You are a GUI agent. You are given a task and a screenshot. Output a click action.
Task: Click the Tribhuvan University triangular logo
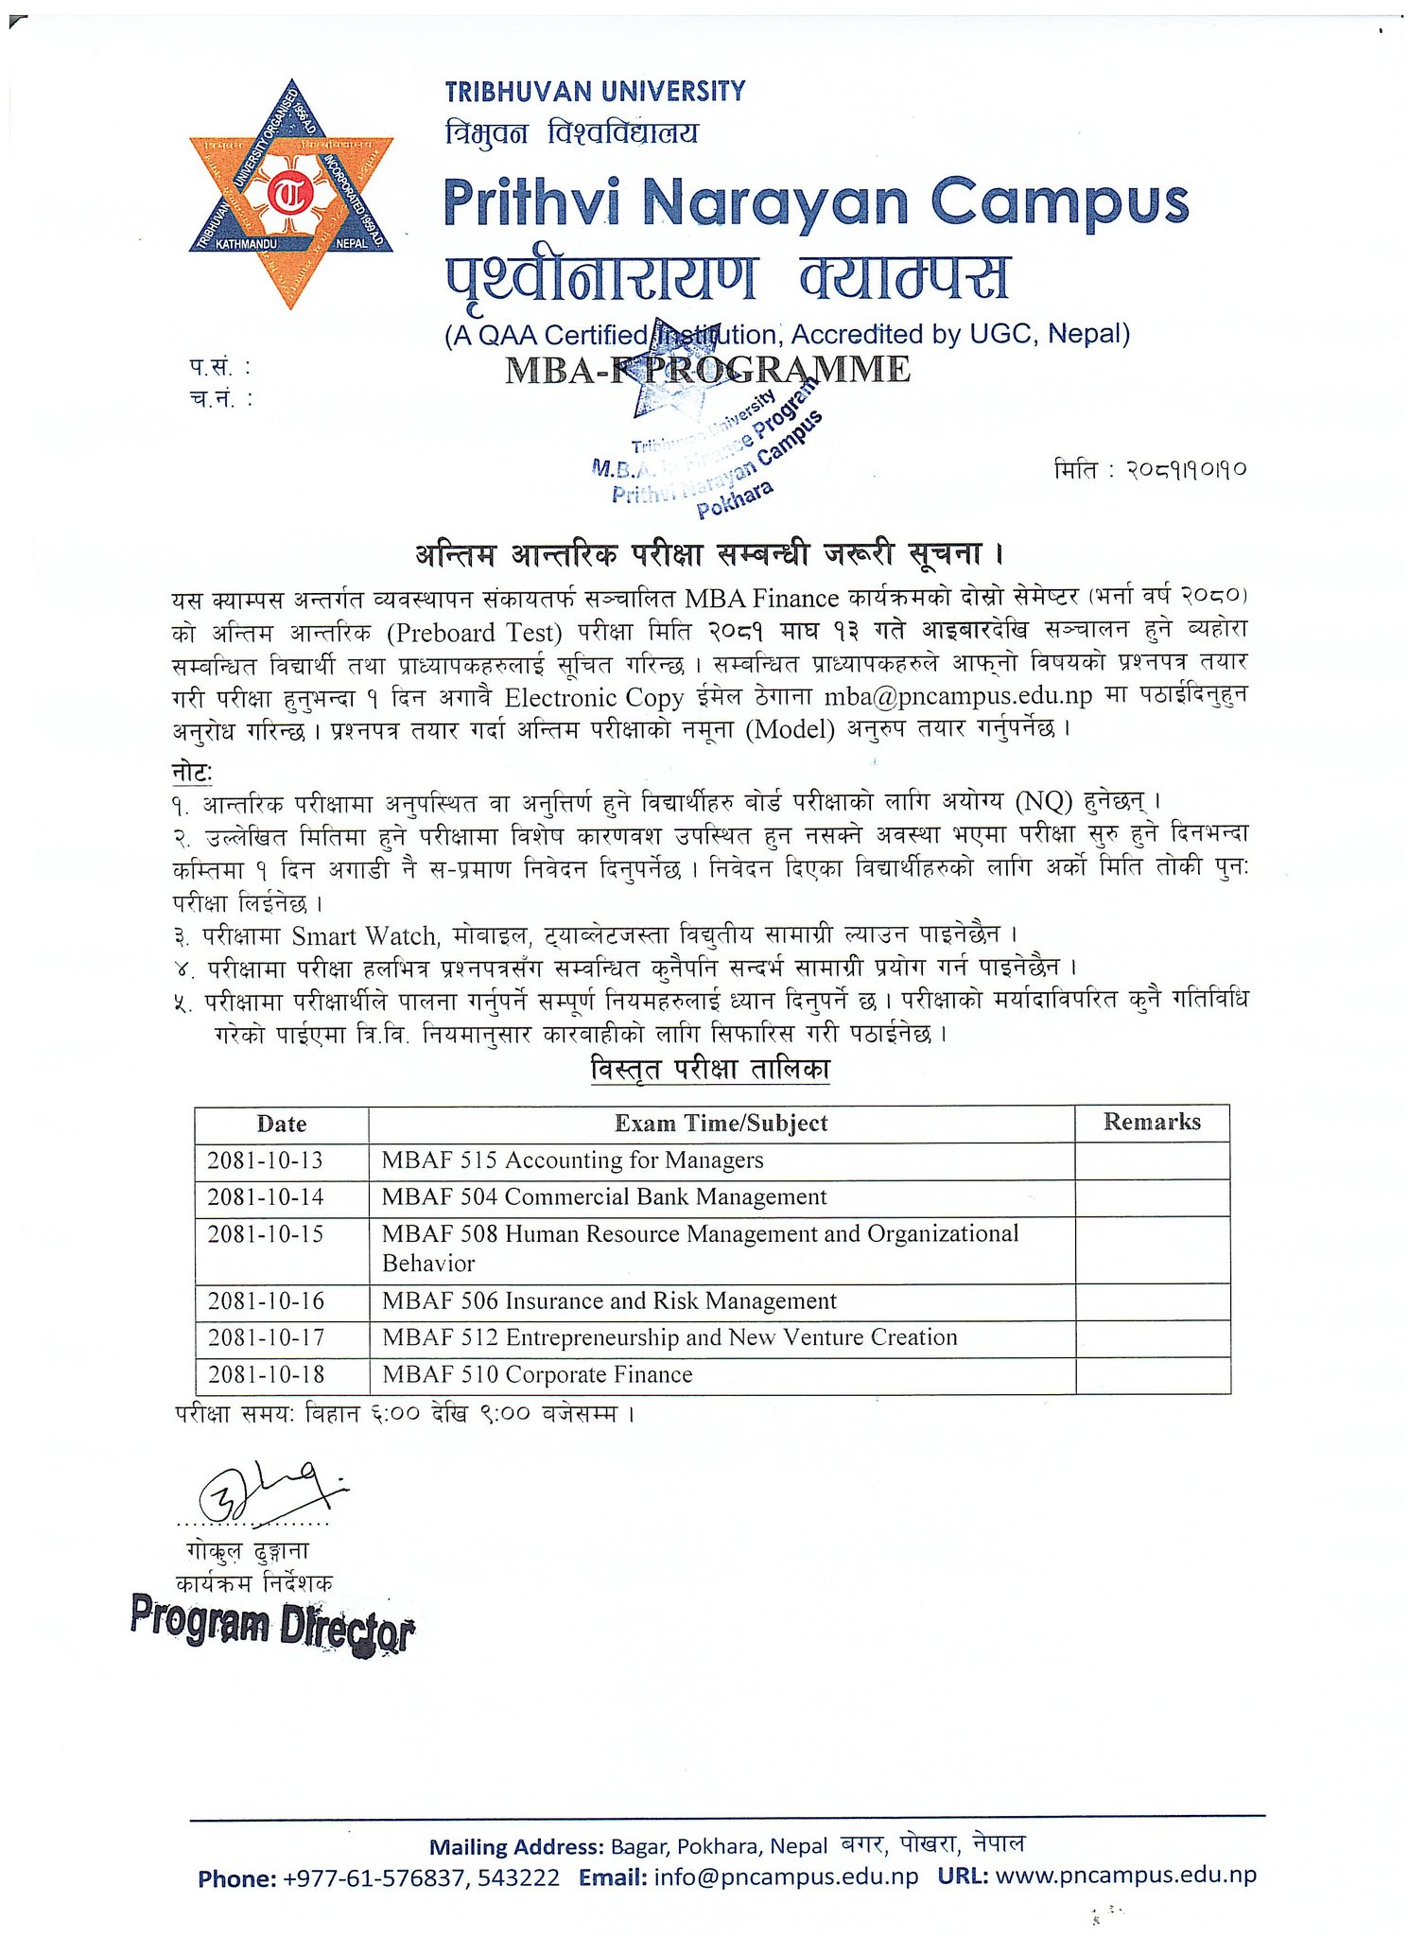coord(290,194)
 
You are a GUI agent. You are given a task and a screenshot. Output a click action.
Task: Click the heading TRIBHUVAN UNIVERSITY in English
coord(595,92)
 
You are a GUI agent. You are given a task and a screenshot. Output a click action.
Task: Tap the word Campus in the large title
coord(1059,201)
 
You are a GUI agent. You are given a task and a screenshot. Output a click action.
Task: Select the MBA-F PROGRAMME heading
coord(707,370)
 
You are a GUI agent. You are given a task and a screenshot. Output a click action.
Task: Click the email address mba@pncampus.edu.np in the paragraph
coord(958,696)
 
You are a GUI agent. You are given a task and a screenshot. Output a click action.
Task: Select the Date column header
coord(281,1124)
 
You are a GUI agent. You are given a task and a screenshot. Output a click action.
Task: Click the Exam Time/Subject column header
coord(721,1123)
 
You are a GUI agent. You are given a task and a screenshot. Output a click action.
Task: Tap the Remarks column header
coord(1152,1122)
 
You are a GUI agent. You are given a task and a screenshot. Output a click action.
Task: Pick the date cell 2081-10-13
coord(265,1160)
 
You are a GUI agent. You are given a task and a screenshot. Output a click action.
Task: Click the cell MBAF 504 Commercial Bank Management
coord(603,1197)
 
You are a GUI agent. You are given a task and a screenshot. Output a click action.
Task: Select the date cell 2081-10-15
coord(265,1234)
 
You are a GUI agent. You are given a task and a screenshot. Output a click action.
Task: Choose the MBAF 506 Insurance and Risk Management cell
coord(609,1301)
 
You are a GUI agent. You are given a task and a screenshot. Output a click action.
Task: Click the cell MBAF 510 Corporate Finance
coord(537,1375)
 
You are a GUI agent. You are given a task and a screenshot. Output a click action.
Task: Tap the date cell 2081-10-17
coord(266,1338)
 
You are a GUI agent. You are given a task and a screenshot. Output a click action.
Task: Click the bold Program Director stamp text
coord(272,1624)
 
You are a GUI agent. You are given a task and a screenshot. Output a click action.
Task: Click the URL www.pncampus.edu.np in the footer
coord(1125,1876)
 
